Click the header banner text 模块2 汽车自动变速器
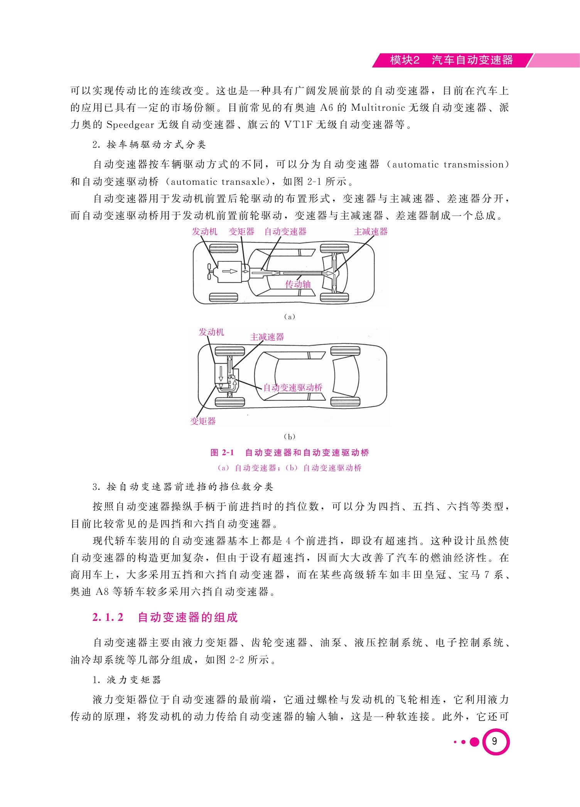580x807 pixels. click(452, 60)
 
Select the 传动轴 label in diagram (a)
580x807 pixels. click(298, 284)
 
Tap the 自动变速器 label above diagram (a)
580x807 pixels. click(285, 231)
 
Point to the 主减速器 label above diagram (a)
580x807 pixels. click(371, 231)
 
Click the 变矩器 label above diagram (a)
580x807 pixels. click(242, 231)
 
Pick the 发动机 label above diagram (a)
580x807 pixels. click(205, 231)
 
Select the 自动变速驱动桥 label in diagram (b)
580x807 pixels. click(293, 388)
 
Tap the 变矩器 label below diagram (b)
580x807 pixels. click(203, 421)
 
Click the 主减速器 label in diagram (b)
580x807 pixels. click(267, 337)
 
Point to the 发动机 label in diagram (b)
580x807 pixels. click(211, 332)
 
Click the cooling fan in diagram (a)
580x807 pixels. click(210, 271)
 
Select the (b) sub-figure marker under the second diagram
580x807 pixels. click(289, 437)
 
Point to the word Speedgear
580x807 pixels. click(130, 125)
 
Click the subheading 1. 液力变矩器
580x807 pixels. click(127, 679)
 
